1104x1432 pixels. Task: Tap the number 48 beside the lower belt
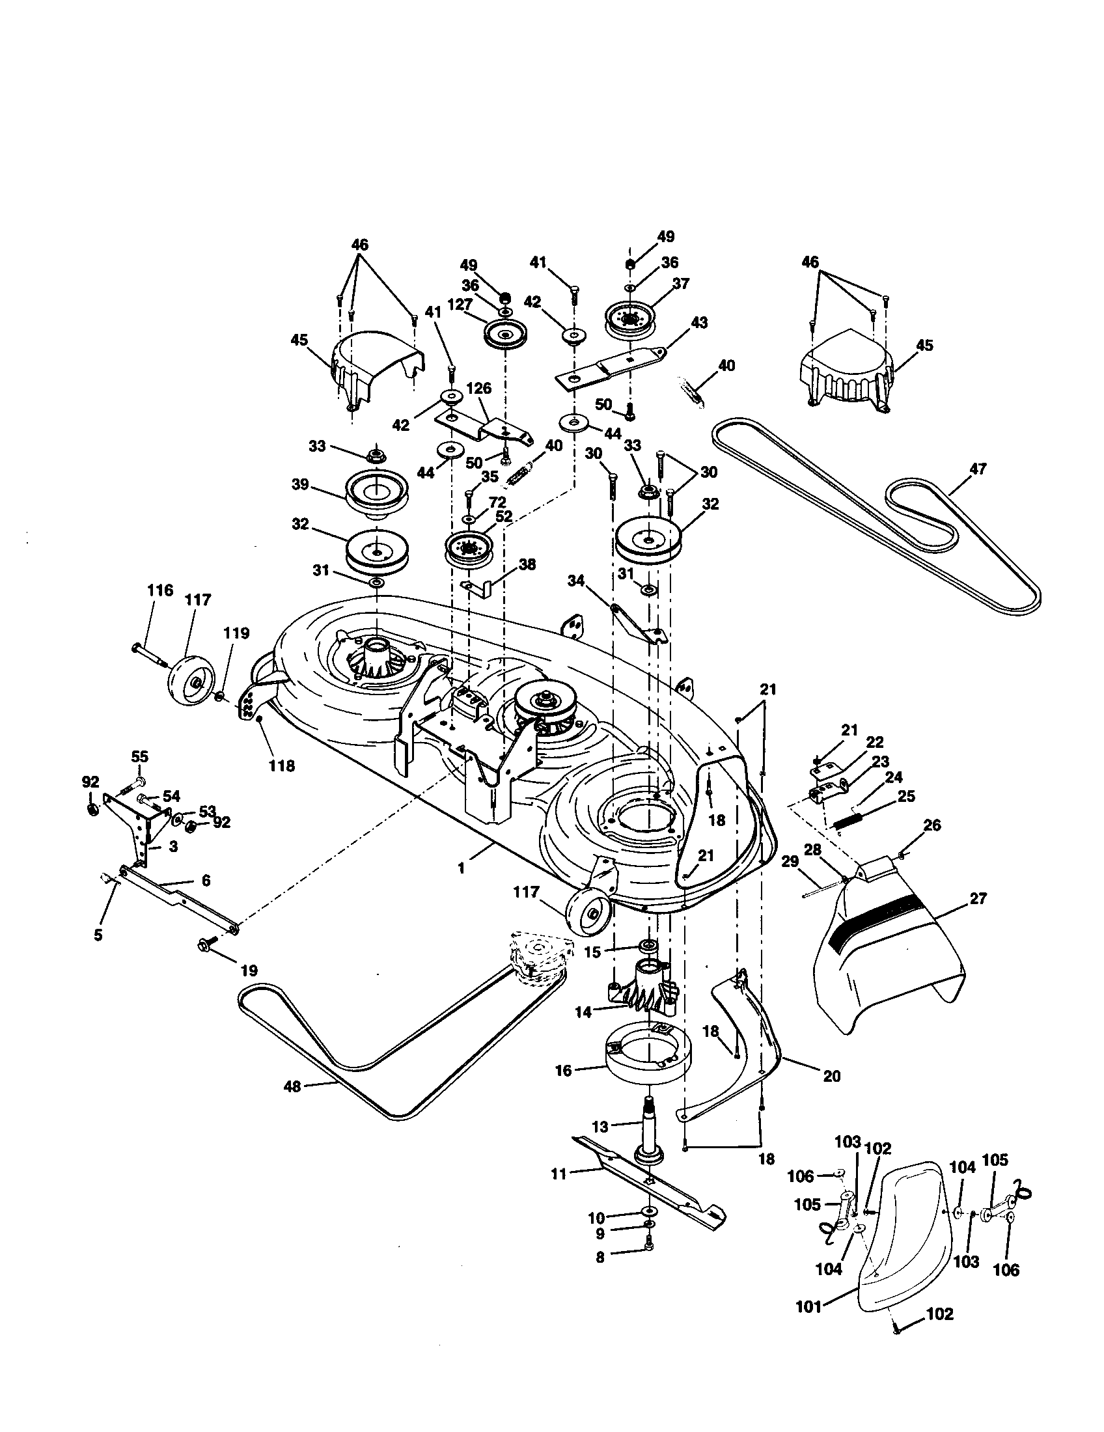pos(292,1086)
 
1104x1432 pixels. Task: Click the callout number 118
pos(281,765)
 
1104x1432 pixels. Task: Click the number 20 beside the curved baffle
pos(831,1077)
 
